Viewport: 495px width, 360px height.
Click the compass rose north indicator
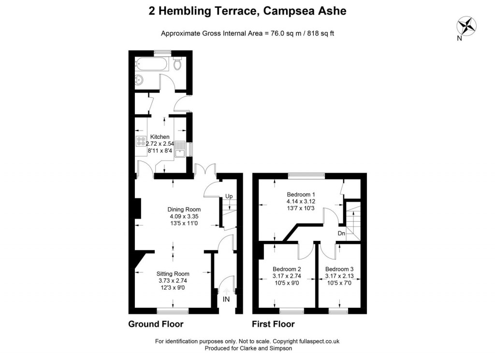[x=466, y=26]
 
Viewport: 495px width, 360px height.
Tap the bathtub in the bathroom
[x=152, y=63]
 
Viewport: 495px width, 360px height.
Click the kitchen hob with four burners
[x=141, y=142]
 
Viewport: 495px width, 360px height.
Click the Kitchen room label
[x=160, y=137]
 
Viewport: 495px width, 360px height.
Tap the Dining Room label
[x=184, y=210]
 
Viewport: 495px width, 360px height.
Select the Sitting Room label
[x=174, y=273]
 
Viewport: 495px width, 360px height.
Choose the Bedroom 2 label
[x=287, y=269]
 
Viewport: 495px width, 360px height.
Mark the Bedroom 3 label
[x=339, y=269]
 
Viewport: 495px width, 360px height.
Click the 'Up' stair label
[x=229, y=196]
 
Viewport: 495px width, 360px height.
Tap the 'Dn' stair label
[x=341, y=233]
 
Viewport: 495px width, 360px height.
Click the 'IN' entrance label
[x=226, y=300]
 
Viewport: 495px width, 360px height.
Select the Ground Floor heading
[x=156, y=324]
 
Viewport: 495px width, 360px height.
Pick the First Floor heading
[x=273, y=324]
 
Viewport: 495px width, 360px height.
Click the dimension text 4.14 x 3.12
[x=301, y=201]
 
